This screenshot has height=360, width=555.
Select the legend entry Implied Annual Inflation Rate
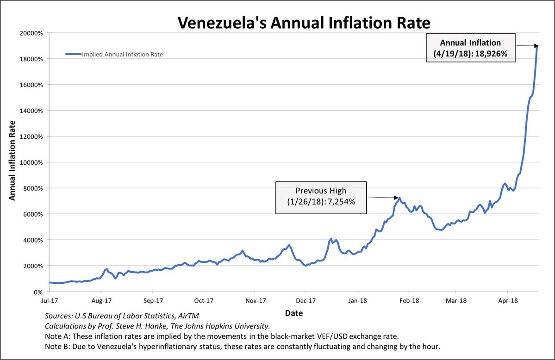[x=122, y=54]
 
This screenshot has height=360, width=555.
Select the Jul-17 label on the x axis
[x=49, y=301]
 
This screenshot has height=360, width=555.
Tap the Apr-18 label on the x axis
[x=508, y=301]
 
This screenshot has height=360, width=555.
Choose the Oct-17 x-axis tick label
[x=203, y=301]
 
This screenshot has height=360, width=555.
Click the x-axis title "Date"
[x=294, y=313]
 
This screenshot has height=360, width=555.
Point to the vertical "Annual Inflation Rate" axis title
[x=12, y=160]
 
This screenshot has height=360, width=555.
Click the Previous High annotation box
[x=321, y=198]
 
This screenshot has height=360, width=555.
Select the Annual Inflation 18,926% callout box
[x=470, y=48]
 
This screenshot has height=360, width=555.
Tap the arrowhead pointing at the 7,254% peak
[x=397, y=198]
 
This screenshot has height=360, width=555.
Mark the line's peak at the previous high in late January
[x=399, y=198]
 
